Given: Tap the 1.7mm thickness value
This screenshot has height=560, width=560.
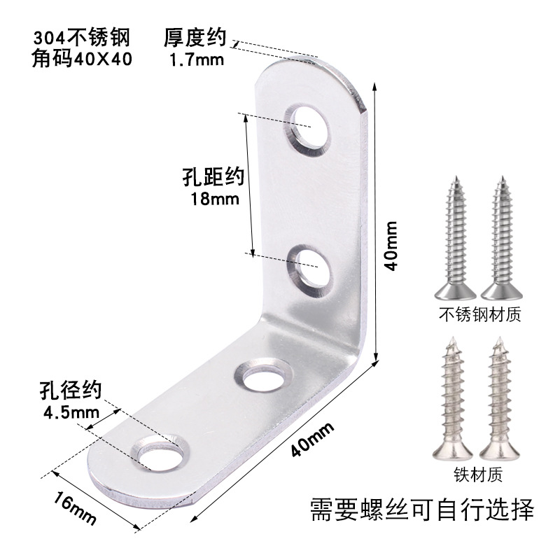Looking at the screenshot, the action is (x=196, y=60).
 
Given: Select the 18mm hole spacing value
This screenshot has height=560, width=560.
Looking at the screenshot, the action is (x=215, y=199).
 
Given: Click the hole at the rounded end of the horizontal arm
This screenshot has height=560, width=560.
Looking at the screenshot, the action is (x=160, y=452).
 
